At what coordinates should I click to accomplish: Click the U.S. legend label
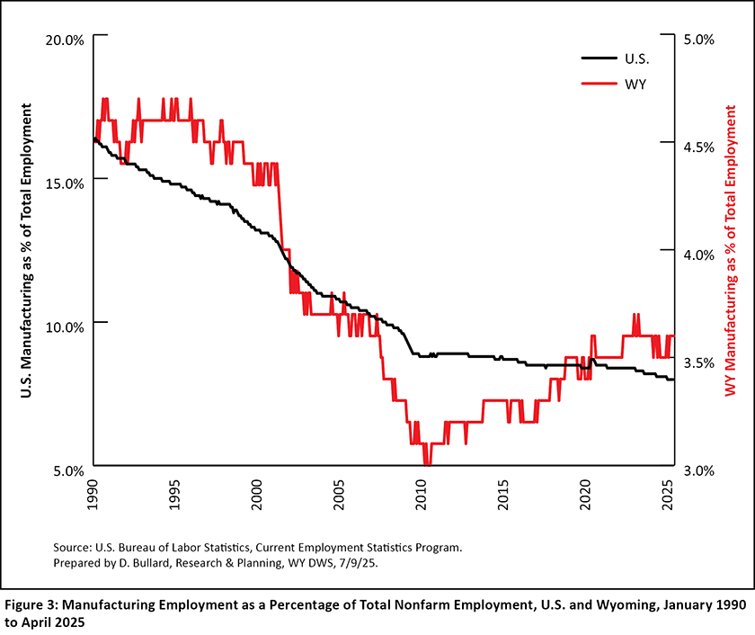[636, 58]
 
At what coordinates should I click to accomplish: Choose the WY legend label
[635, 83]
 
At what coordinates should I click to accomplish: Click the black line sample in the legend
[598, 58]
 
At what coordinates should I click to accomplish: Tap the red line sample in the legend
[598, 83]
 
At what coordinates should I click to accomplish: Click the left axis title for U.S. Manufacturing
[29, 255]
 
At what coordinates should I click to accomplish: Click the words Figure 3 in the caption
[35, 604]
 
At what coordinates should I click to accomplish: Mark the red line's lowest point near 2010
[427, 465]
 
